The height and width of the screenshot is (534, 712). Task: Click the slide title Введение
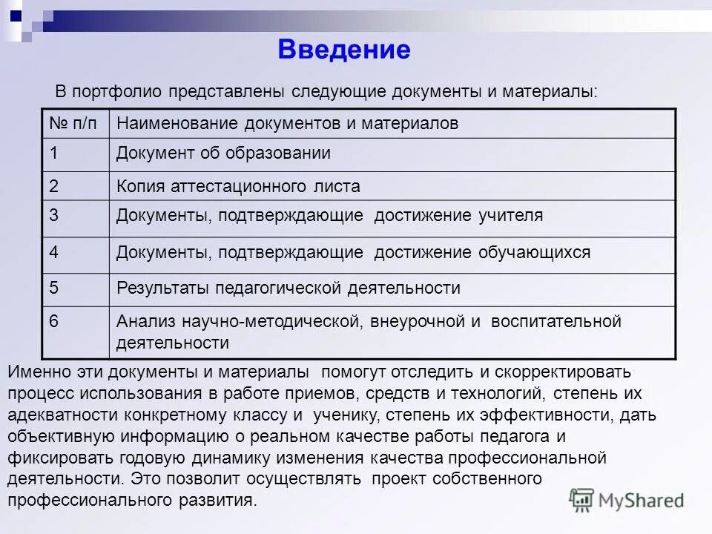coord(344,50)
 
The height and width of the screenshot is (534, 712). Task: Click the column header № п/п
coord(73,124)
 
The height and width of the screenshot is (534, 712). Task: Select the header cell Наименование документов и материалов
coord(287,124)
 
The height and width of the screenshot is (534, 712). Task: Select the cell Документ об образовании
coord(223,154)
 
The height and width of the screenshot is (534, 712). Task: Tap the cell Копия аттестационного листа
coord(238,186)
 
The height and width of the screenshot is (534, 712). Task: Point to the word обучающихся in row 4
coord(534,252)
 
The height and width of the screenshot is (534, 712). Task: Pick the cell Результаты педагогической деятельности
coord(289,288)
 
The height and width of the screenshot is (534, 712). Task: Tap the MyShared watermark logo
coord(627,500)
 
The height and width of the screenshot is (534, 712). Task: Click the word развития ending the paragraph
coord(220,500)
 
